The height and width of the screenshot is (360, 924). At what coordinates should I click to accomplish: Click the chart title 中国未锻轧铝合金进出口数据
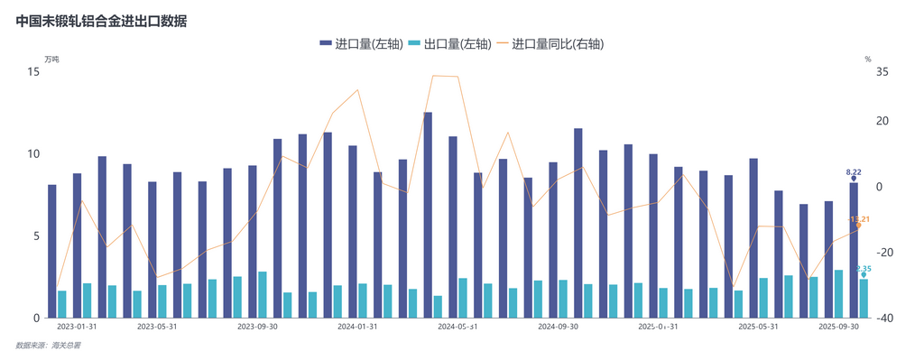[x=101, y=20]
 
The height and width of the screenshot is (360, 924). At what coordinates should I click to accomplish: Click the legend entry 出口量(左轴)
[x=449, y=43]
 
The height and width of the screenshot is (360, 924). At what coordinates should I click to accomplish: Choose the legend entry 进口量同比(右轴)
[x=552, y=43]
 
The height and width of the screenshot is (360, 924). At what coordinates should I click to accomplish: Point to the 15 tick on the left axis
[x=33, y=71]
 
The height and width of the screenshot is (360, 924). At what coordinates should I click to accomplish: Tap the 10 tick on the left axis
[x=33, y=154]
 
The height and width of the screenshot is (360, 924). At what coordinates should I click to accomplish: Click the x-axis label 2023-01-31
[x=77, y=328]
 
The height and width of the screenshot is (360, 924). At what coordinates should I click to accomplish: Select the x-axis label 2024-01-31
[x=357, y=328]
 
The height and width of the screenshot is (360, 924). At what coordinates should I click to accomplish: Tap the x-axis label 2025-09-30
[x=838, y=328]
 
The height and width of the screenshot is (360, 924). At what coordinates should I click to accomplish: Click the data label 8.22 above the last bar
[x=853, y=171]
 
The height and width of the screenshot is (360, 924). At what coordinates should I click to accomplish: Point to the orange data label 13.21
[x=860, y=219]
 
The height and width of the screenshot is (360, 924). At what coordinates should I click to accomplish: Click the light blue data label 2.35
[x=863, y=269]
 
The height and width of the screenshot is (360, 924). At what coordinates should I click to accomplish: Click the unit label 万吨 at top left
[x=51, y=60]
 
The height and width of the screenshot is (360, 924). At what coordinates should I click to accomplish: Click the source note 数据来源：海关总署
[x=48, y=346]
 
